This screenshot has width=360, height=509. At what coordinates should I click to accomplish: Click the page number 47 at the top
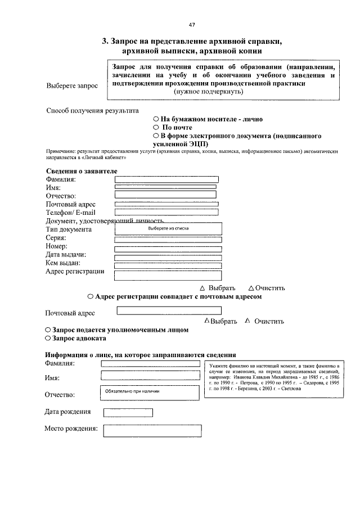pyautogui.click(x=192, y=25)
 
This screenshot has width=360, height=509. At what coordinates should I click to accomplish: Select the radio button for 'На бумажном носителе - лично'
pyautogui.click(x=156, y=119)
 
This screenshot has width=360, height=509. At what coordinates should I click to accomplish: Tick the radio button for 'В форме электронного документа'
pyautogui.click(x=156, y=136)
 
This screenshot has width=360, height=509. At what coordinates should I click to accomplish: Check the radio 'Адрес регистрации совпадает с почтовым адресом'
pyautogui.click(x=91, y=296)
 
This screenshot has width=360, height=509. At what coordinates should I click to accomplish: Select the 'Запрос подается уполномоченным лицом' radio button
pyautogui.click(x=48, y=330)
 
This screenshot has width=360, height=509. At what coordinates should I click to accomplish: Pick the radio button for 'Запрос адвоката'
pyautogui.click(x=48, y=339)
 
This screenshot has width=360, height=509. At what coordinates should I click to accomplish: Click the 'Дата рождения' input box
pyautogui.click(x=128, y=412)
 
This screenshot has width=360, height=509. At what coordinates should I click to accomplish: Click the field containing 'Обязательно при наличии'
pyautogui.click(x=150, y=392)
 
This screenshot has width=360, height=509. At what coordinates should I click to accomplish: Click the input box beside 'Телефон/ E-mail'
pyautogui.click(x=166, y=212)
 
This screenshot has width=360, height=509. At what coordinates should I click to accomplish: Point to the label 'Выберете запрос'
pyautogui.click(x=71, y=86)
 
